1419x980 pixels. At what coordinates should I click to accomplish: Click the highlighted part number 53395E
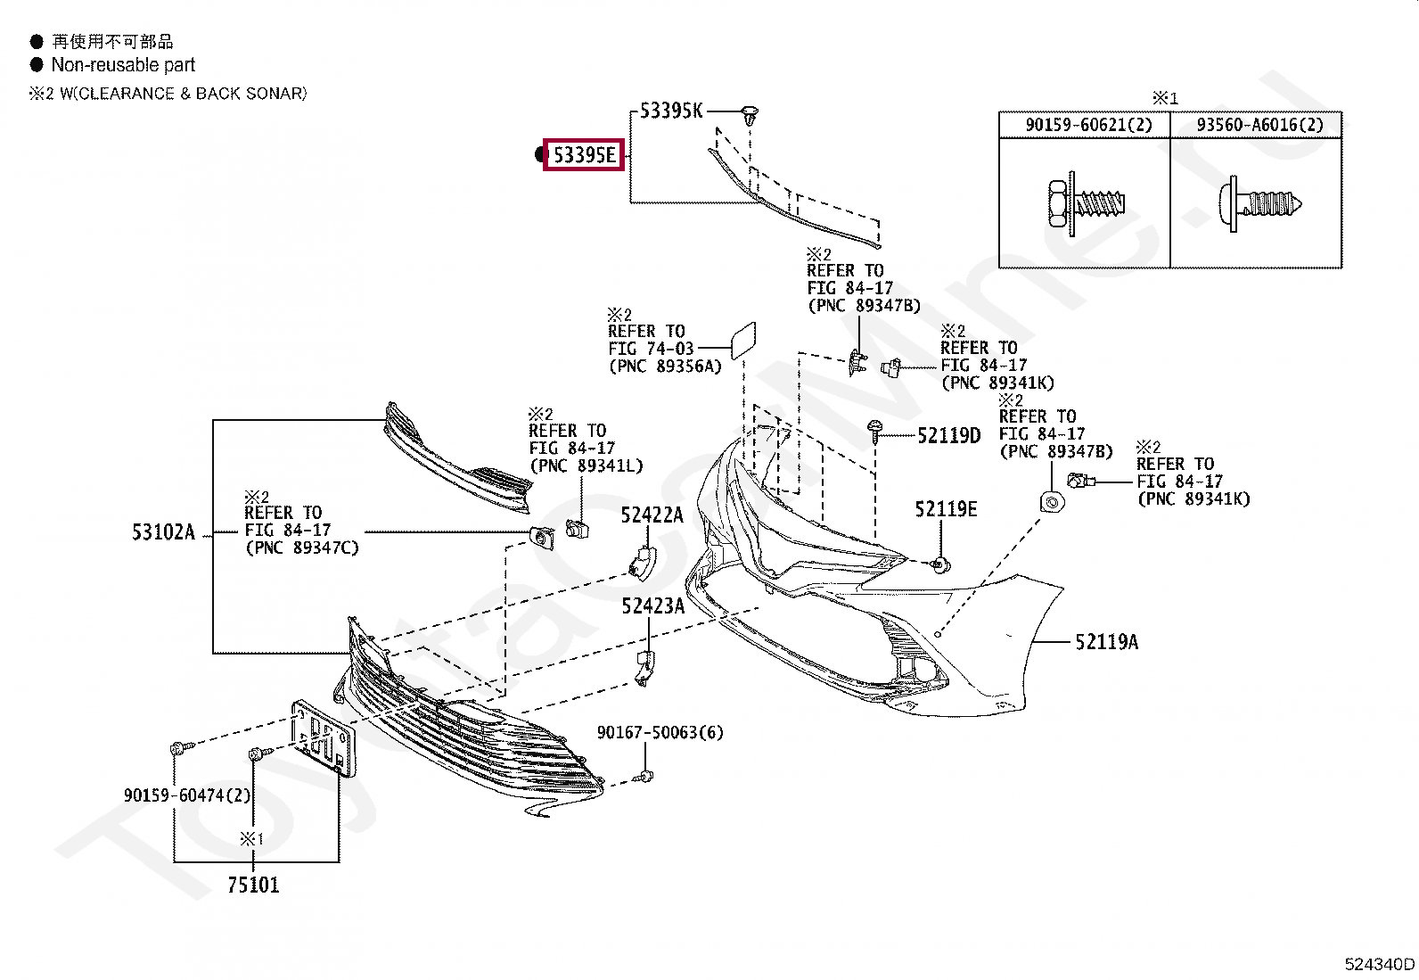(584, 155)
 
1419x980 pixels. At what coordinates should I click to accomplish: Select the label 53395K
(671, 111)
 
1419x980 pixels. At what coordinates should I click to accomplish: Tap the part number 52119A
(1106, 642)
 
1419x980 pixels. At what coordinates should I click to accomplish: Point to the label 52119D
(948, 435)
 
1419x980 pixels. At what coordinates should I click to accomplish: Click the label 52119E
(946, 509)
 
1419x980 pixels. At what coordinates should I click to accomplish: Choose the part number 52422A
(652, 515)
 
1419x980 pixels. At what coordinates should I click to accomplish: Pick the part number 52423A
(652, 606)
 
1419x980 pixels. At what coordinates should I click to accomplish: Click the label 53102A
(163, 532)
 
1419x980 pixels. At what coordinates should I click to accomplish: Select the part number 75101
(253, 885)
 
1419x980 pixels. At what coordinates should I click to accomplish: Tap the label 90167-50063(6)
(660, 732)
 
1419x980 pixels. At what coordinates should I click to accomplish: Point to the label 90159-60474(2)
(187, 795)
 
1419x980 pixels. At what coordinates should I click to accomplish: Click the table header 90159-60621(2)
(1088, 125)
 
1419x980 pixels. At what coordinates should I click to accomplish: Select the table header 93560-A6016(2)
(1259, 125)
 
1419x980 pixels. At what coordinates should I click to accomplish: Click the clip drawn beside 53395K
(750, 115)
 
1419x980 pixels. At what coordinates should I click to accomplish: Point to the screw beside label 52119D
(875, 432)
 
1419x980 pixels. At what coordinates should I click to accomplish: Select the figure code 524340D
(1379, 963)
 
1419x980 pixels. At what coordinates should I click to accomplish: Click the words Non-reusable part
(123, 65)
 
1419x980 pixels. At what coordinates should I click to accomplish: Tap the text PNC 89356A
(665, 366)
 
